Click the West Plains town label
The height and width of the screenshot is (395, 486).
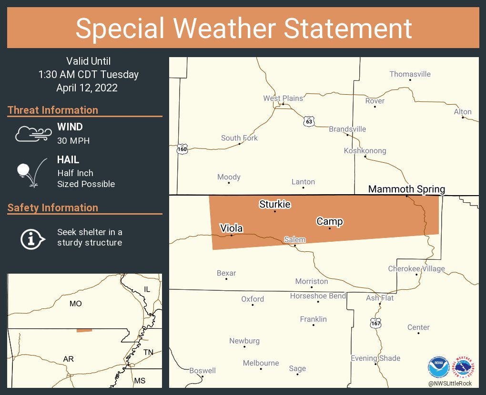[x=283, y=98]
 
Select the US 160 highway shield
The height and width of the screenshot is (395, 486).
[x=182, y=149]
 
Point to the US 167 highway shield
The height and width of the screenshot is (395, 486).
[x=375, y=323]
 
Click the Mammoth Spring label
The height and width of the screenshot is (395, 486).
[x=406, y=189]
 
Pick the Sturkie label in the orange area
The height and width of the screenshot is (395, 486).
[x=275, y=205]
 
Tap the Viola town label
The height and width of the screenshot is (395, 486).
[x=231, y=228]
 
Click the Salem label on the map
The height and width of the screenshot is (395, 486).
[x=294, y=240]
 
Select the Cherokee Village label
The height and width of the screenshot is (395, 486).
[x=416, y=269]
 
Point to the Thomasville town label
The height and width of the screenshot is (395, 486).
[x=410, y=74]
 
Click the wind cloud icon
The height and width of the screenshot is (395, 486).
[x=33, y=134]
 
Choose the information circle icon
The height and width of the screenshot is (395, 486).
[x=32, y=238]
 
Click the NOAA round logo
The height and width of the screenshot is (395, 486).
[x=438, y=367]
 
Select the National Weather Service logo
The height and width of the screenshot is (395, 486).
[x=464, y=367]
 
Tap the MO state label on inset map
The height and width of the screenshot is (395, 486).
[x=75, y=303]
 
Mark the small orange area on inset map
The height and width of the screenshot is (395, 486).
[x=84, y=330]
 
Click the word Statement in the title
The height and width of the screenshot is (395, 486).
[x=348, y=28]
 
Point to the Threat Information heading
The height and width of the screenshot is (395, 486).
[x=53, y=110]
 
